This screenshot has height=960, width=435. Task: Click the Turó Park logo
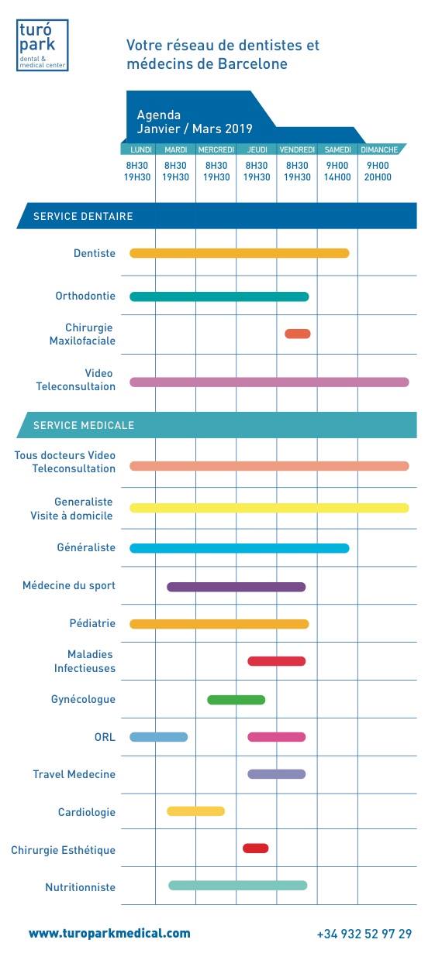coord(42,45)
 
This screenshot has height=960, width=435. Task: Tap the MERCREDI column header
coord(216,149)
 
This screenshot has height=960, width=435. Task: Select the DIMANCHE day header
coord(378,149)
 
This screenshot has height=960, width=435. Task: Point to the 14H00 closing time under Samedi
coord(337,177)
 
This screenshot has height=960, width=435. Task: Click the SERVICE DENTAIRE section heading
coord(83,216)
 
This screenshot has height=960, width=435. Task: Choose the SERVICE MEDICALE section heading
coord(84,425)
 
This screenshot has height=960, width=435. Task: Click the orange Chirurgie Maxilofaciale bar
coord(297,334)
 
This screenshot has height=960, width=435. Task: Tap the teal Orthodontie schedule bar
coord(219,297)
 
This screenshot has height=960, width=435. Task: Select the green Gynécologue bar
coord(236,700)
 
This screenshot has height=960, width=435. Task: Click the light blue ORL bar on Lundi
coord(158,737)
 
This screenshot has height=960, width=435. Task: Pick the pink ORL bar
coord(277,737)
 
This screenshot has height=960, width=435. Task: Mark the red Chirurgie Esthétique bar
coord(256,849)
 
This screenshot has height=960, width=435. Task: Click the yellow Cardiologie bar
coord(196,811)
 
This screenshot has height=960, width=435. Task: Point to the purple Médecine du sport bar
coord(236,587)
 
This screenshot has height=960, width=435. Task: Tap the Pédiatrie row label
coord(92,623)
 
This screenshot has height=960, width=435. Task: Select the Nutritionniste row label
coord(81,887)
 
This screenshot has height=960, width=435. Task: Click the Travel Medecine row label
coord(74,774)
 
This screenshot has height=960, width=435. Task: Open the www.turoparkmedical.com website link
coord(109,933)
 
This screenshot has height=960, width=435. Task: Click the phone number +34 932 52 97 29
coord(364,934)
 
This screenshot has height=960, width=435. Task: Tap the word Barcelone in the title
coord(253,63)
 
